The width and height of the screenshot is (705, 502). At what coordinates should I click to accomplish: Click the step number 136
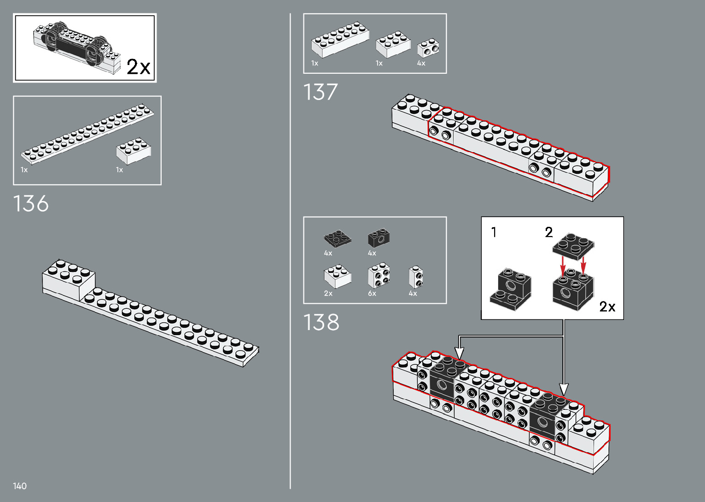[x=31, y=204]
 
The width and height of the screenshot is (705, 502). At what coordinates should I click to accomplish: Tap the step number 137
[x=320, y=92]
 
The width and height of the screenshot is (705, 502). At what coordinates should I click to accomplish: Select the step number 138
[x=321, y=322]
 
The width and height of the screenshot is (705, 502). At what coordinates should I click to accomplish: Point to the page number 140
[x=20, y=486]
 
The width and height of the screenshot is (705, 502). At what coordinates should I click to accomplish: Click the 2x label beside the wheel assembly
[x=138, y=67]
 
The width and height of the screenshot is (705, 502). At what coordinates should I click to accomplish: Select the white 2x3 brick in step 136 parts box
[x=134, y=150]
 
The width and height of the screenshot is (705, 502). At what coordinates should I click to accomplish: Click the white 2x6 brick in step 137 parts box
[x=340, y=40]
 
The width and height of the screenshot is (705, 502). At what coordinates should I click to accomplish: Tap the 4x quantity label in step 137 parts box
[x=421, y=63]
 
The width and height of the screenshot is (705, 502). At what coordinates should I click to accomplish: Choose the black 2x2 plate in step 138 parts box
[x=337, y=238]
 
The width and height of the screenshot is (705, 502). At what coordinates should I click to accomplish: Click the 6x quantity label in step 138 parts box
[x=372, y=294]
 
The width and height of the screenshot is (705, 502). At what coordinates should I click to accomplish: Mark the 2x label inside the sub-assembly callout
[x=607, y=307]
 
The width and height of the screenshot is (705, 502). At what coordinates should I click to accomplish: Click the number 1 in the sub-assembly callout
[x=494, y=232]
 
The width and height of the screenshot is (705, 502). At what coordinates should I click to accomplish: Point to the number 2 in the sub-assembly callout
[x=548, y=232]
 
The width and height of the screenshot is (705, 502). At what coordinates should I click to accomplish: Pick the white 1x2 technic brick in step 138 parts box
[x=416, y=277]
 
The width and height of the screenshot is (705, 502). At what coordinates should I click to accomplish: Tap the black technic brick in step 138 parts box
[x=379, y=238]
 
